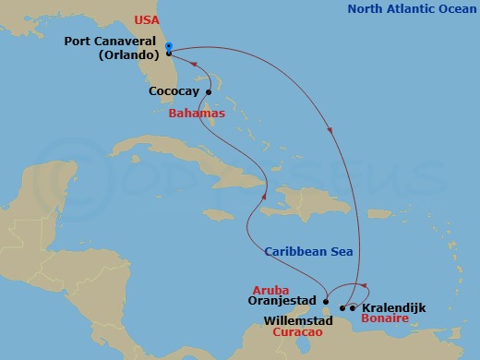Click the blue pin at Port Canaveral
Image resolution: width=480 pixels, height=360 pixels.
tap(168, 48)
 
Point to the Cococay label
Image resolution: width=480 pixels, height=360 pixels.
tap(174, 91)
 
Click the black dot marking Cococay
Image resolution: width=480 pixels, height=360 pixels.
tap(210, 91)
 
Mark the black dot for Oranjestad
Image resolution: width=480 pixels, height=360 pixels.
tap(326, 300)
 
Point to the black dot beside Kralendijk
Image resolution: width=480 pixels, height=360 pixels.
tap(354, 307)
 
